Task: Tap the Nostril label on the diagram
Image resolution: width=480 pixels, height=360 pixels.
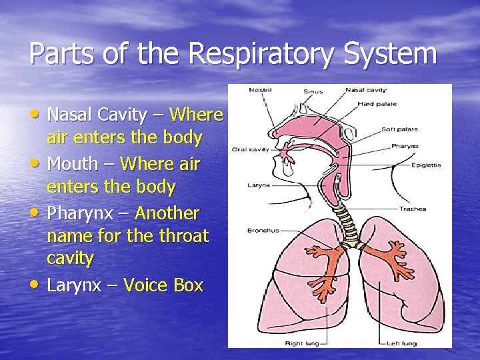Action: (260, 90)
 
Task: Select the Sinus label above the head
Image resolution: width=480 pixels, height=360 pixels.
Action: (313, 92)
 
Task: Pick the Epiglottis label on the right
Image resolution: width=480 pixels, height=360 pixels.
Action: (426, 164)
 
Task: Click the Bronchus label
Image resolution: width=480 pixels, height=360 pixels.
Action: (263, 231)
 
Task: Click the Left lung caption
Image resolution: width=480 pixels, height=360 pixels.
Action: (403, 343)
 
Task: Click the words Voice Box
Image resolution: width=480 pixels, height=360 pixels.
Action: (163, 285)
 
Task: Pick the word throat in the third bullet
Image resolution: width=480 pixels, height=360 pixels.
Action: (184, 236)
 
